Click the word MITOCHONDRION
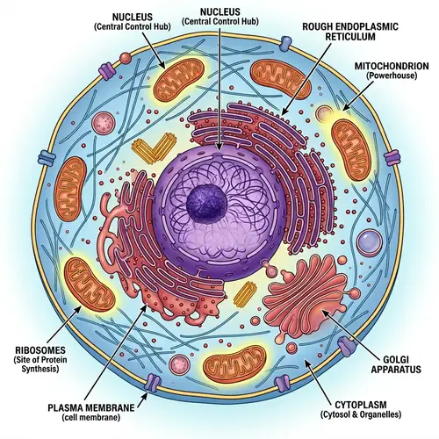click(392, 66)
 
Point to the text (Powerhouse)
click(392, 77)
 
